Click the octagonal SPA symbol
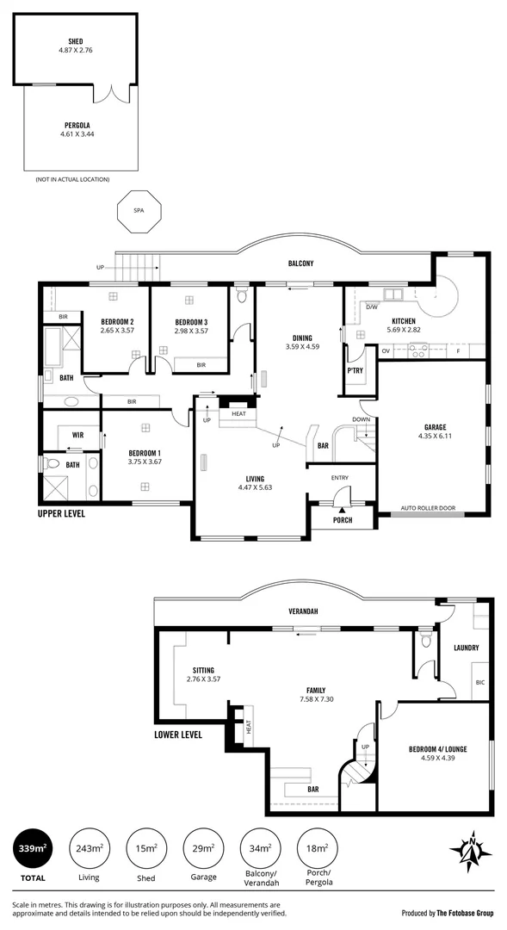[138, 210]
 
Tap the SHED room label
[76, 40]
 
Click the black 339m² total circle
[33, 850]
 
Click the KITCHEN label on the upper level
[405, 320]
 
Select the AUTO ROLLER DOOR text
[428, 507]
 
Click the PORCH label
[342, 519]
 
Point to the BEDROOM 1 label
[145, 452]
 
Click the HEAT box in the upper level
[238, 413]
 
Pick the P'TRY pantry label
[354, 370]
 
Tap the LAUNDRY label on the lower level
[466, 648]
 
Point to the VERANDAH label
[303, 611]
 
